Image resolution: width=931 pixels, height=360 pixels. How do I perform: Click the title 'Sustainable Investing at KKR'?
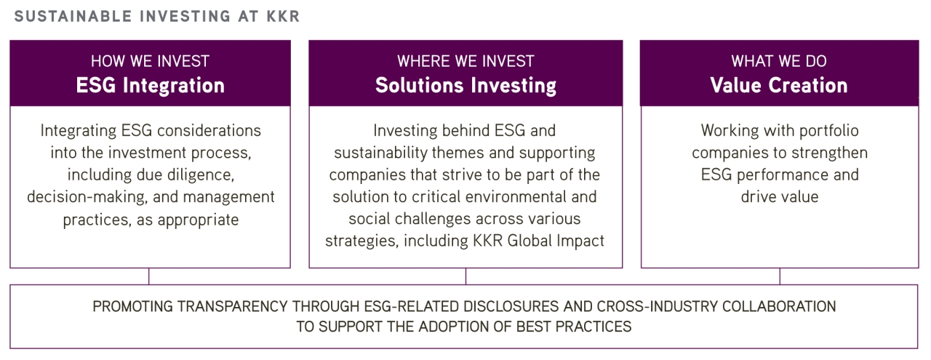click(156, 16)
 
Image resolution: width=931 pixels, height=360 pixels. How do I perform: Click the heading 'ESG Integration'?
click(150, 85)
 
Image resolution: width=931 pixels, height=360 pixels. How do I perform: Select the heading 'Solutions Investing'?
click(465, 86)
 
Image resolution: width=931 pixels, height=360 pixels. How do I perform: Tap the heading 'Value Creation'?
click(779, 85)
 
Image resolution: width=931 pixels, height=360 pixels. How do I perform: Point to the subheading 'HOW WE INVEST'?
click(150, 61)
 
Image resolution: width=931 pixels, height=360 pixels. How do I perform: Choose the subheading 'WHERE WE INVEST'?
click(465, 61)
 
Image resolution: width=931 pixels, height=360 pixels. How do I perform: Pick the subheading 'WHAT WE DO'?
click(779, 61)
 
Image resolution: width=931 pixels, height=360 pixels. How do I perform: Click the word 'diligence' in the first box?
click(201, 175)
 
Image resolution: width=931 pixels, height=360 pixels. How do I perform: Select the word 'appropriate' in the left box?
click(199, 220)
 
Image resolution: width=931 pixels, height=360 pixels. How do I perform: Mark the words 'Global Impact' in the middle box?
click(556, 241)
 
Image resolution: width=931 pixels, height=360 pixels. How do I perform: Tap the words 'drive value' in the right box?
click(779, 196)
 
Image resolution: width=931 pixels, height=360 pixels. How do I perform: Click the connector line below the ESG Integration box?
click(149, 276)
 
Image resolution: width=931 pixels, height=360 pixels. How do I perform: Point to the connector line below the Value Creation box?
click(780, 276)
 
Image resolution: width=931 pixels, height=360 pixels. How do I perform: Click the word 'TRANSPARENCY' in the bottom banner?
click(233, 307)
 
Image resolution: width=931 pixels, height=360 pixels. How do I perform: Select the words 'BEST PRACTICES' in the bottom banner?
click(574, 327)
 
